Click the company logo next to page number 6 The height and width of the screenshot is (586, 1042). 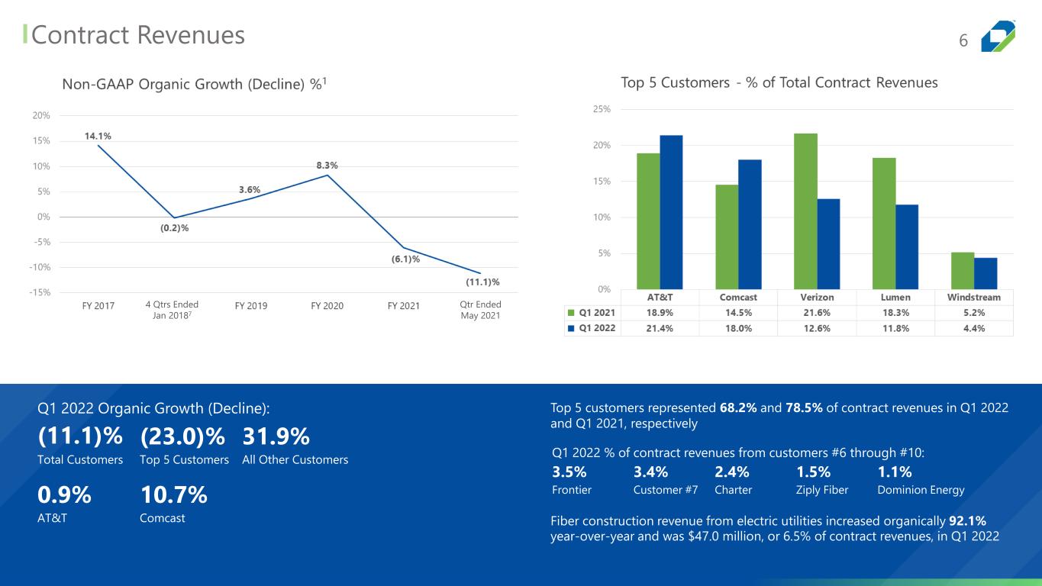[998, 36]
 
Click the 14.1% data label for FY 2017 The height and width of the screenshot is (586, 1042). [98, 136]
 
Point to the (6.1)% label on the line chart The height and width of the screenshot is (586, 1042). [405, 259]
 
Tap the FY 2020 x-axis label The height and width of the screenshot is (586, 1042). [327, 305]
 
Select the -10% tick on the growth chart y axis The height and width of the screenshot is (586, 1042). [40, 267]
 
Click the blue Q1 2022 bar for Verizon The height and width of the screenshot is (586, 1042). [828, 244]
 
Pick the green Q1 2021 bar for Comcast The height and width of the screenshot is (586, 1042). [727, 237]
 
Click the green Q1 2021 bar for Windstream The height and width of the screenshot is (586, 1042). [963, 271]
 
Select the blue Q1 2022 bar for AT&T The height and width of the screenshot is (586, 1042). [671, 212]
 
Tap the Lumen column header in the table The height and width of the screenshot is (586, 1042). [895, 297]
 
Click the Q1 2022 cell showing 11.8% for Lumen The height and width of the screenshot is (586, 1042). [895, 328]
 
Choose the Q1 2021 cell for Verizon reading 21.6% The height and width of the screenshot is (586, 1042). [817, 313]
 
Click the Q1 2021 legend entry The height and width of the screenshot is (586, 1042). [592, 313]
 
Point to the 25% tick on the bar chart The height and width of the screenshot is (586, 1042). [602, 109]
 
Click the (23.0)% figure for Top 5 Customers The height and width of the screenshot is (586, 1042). [182, 436]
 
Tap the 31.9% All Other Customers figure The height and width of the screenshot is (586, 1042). [276, 436]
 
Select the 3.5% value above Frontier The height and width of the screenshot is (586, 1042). [569, 472]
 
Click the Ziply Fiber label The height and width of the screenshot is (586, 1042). [822, 490]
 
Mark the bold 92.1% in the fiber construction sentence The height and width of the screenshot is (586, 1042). [967, 521]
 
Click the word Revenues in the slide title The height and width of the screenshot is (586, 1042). [191, 35]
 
